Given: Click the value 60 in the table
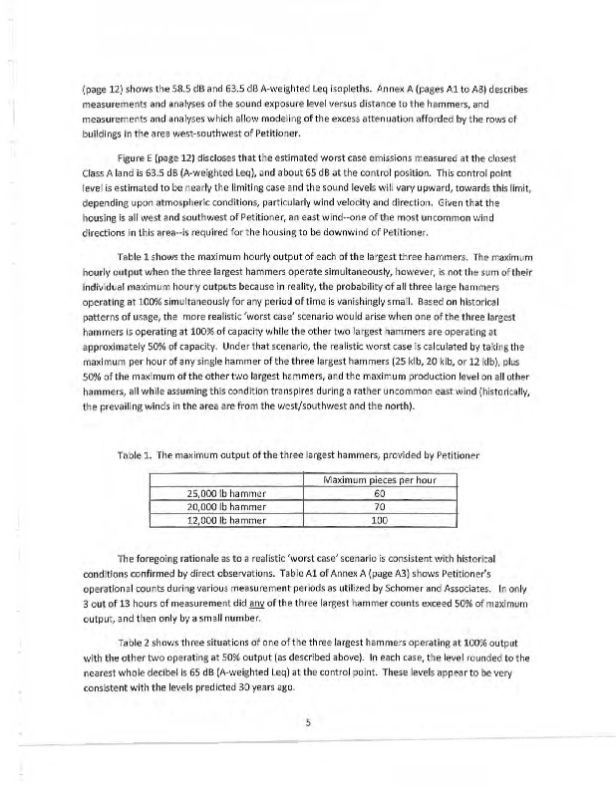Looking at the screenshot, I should pyautogui.click(x=379, y=492).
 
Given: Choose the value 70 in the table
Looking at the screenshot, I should pyautogui.click(x=379, y=506).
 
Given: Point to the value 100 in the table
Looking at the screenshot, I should pyautogui.click(x=379, y=520).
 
